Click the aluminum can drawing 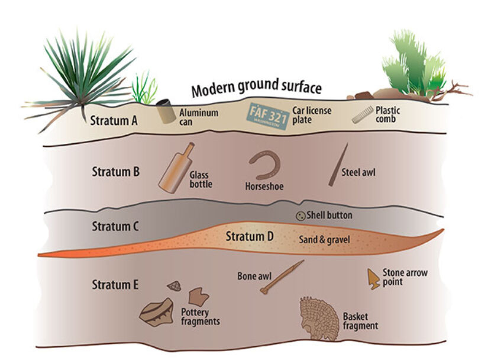click(x=164, y=112)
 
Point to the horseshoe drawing click(x=264, y=165)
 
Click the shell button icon click(x=300, y=216)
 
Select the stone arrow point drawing click(x=374, y=278)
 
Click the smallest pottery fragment click(x=175, y=287)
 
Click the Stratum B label click(x=115, y=172)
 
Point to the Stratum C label click(x=115, y=226)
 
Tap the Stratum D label click(x=250, y=237)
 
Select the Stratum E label click(x=115, y=284)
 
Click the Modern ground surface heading click(x=256, y=89)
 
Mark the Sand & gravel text click(x=324, y=240)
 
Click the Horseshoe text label click(x=264, y=187)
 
